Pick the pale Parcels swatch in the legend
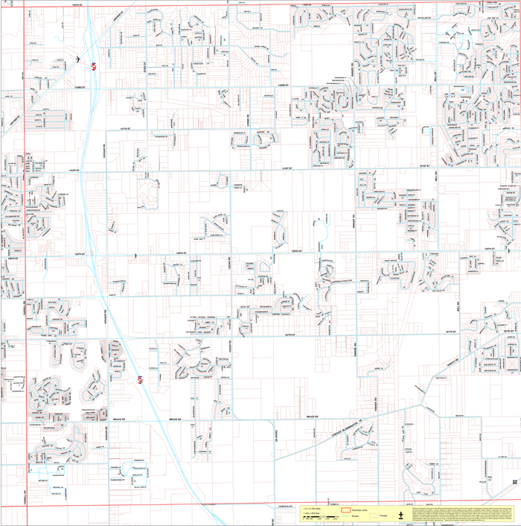point(374,515)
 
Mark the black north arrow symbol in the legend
point(400,514)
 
